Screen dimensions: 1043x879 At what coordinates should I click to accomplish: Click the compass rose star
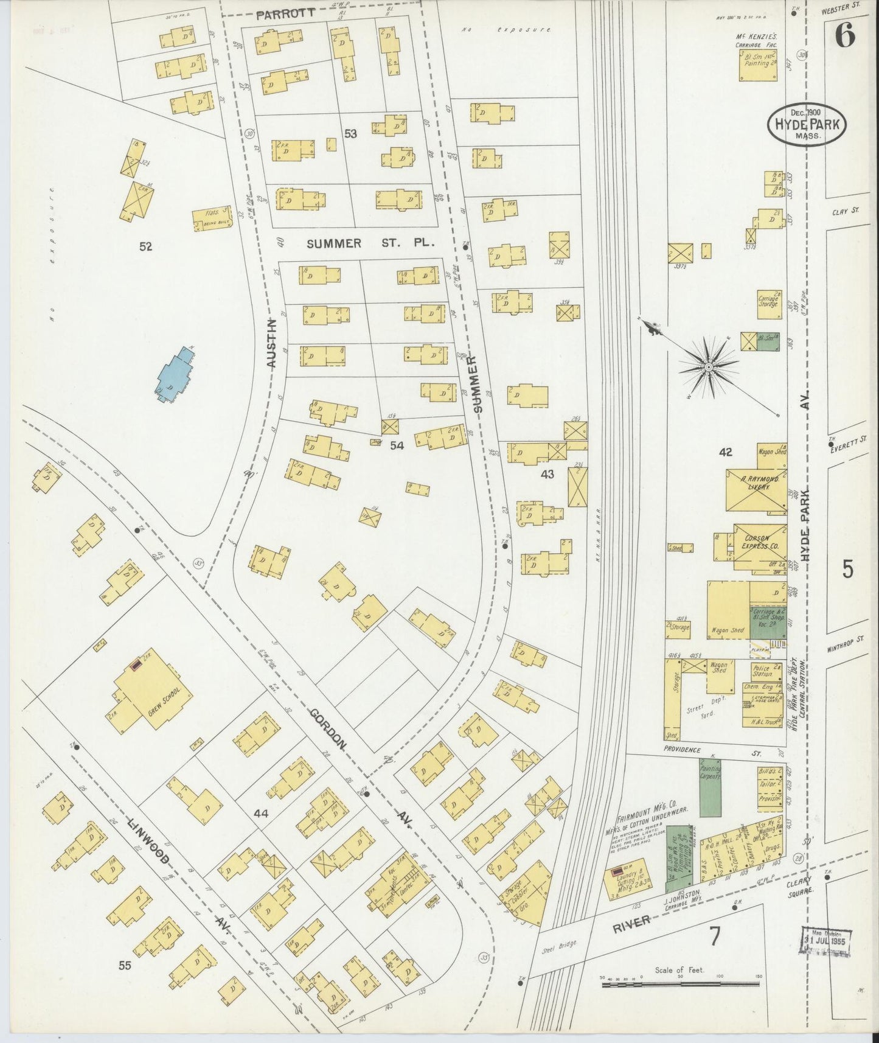click(709, 367)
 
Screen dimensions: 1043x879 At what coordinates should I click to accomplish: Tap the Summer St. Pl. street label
click(371, 244)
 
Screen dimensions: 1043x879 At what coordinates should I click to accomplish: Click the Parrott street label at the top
click(285, 13)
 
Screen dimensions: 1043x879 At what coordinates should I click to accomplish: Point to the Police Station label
click(761, 671)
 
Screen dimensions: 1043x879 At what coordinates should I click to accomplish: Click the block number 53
click(350, 134)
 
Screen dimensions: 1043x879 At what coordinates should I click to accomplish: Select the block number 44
click(261, 813)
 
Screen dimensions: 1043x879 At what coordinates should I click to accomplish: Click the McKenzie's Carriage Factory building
click(758, 65)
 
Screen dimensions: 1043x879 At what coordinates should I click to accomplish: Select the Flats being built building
click(212, 218)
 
